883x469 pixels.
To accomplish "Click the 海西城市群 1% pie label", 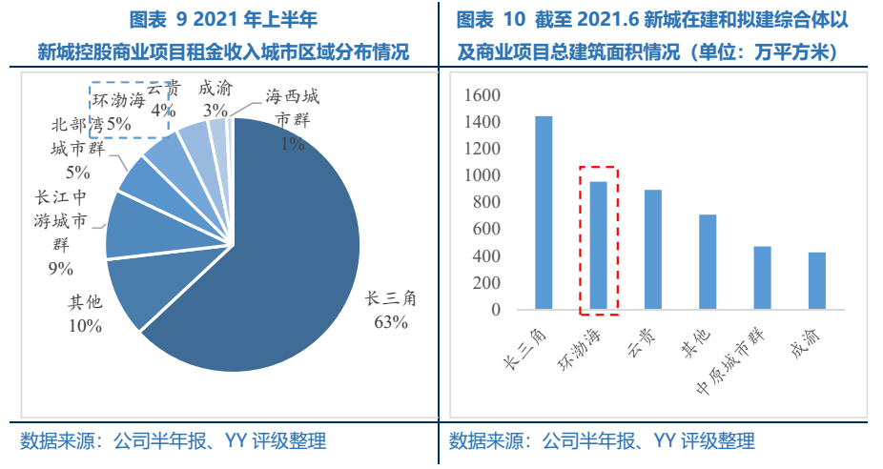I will coord(292,120).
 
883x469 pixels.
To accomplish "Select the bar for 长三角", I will coord(544,213).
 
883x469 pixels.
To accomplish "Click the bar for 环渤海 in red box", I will coord(598,246).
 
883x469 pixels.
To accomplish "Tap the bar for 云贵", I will coord(652,250).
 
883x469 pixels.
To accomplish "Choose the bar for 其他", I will coord(708,262).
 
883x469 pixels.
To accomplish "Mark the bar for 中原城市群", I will coord(762,278).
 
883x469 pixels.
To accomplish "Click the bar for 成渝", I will coord(816,281).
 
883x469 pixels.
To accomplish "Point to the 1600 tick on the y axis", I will coord(483,95).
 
